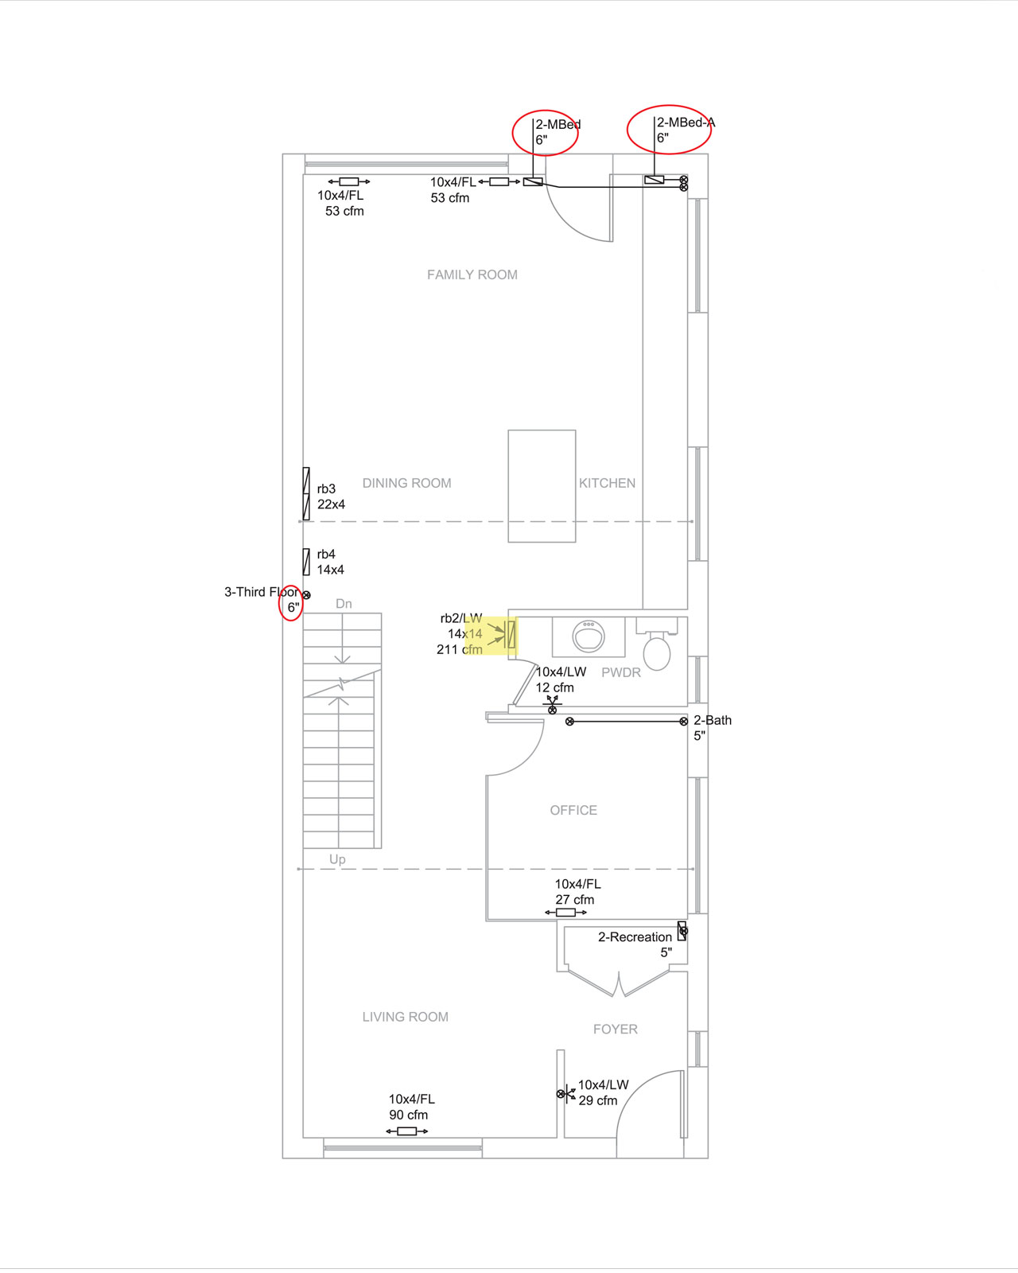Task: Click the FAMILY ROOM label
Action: pyautogui.click(x=472, y=274)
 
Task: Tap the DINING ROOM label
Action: pyautogui.click(x=406, y=483)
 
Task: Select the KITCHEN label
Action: pyautogui.click(x=607, y=483)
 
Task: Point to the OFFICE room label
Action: pyautogui.click(x=573, y=810)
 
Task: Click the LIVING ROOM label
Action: pyautogui.click(x=405, y=1016)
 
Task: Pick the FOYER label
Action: pyautogui.click(x=616, y=1029)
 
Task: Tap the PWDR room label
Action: pyautogui.click(x=620, y=672)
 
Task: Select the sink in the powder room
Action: pyautogui.click(x=589, y=636)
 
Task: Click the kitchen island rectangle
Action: pyautogui.click(x=542, y=485)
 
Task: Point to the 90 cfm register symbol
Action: pyautogui.click(x=406, y=1131)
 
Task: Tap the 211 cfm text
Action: pyautogui.click(x=459, y=649)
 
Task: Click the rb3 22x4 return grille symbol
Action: pyautogui.click(x=306, y=493)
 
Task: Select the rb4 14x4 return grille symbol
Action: pyautogui.click(x=306, y=562)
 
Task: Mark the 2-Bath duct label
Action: pyautogui.click(x=712, y=727)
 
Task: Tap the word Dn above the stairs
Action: pyautogui.click(x=344, y=603)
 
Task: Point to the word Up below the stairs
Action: pyautogui.click(x=337, y=859)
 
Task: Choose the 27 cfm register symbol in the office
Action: pyautogui.click(x=565, y=912)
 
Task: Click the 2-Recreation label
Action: pyautogui.click(x=635, y=944)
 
